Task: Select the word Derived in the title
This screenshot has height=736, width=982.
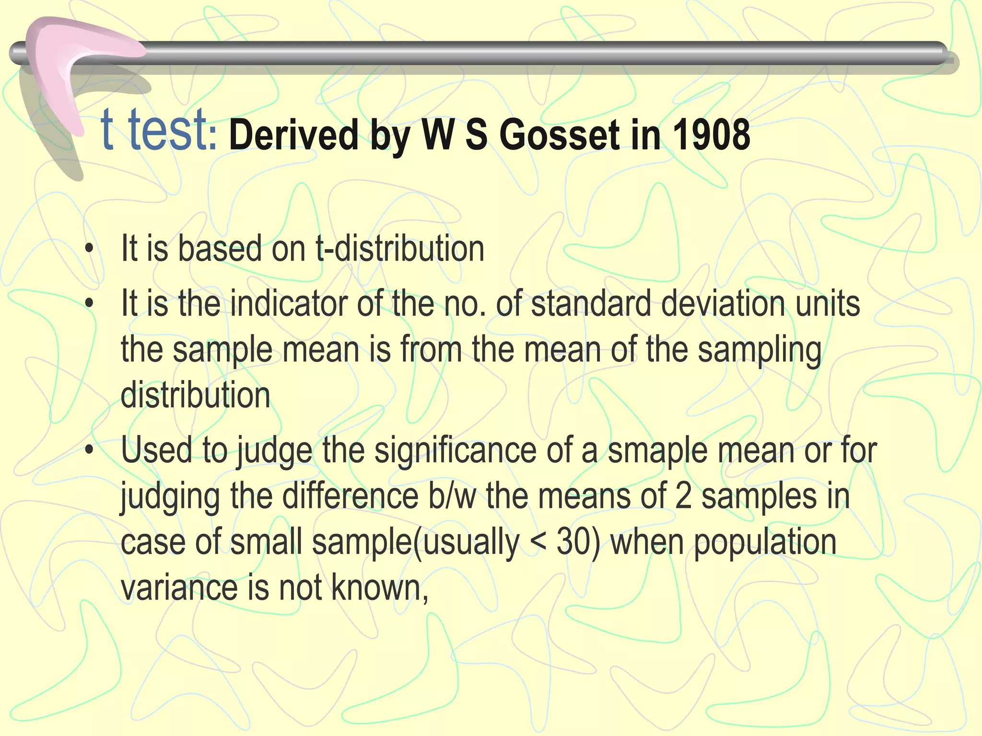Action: click(x=293, y=135)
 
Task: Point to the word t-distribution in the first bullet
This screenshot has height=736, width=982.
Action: click(x=400, y=249)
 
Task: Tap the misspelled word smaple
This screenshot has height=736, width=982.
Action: click(x=657, y=450)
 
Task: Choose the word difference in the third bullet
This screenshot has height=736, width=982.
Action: click(x=351, y=496)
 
